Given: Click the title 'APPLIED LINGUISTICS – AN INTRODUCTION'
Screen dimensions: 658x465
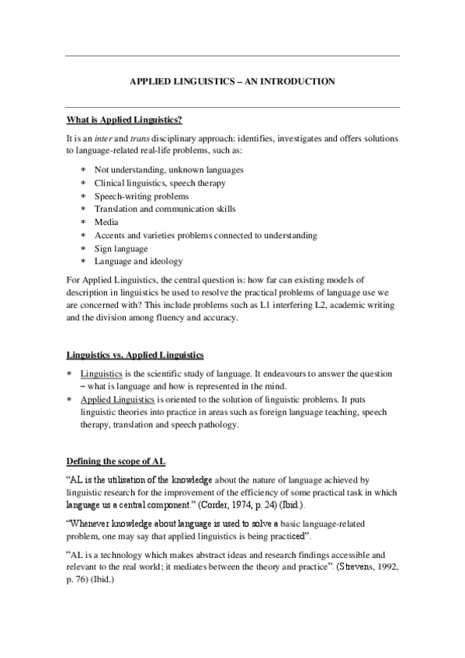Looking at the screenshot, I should [x=232, y=81].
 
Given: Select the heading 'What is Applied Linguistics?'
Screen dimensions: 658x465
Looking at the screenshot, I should [x=124, y=119].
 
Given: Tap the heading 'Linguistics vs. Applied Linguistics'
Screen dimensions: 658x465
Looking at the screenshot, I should [x=134, y=356].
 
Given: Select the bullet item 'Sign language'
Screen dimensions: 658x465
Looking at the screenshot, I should [x=120, y=248].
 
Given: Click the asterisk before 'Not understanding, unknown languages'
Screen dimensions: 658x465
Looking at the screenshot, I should [x=83, y=170].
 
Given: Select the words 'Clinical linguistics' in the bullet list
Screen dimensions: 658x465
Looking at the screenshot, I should [x=130, y=183].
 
